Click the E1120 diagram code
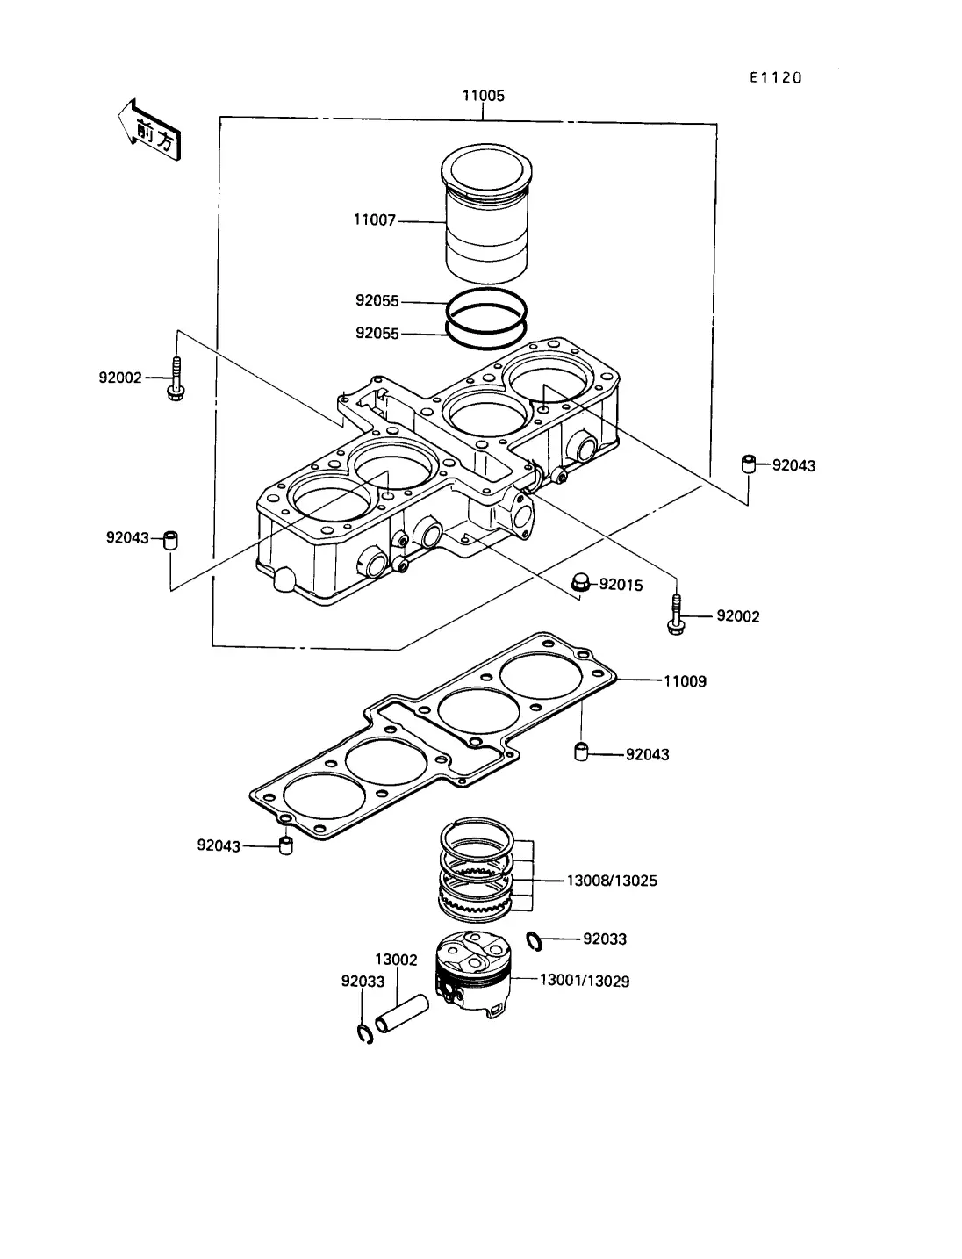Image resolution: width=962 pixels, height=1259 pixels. [776, 77]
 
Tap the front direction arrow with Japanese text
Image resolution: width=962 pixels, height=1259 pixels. [149, 130]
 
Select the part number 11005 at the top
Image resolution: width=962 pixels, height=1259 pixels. [484, 96]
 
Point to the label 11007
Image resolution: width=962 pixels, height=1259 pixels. [375, 220]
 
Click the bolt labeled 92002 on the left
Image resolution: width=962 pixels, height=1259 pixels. [176, 378]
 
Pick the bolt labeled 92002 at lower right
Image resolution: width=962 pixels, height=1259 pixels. [676, 615]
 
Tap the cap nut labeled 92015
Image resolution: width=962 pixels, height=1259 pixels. [580, 583]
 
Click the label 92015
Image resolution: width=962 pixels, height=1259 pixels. [621, 585]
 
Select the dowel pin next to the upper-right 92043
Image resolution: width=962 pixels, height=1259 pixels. [748, 464]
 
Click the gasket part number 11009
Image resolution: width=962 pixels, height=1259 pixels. [686, 681]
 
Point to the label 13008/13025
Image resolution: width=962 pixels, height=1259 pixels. [612, 881]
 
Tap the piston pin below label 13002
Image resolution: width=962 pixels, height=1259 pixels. [402, 1014]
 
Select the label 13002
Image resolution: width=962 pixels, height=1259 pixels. [396, 960]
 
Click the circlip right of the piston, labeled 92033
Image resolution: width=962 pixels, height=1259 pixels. [535, 942]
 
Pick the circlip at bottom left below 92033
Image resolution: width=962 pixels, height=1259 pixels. [364, 1034]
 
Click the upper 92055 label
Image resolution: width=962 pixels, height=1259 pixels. [377, 300]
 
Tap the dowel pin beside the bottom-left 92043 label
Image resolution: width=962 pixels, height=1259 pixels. [285, 845]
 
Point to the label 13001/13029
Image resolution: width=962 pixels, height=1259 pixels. [585, 982]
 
